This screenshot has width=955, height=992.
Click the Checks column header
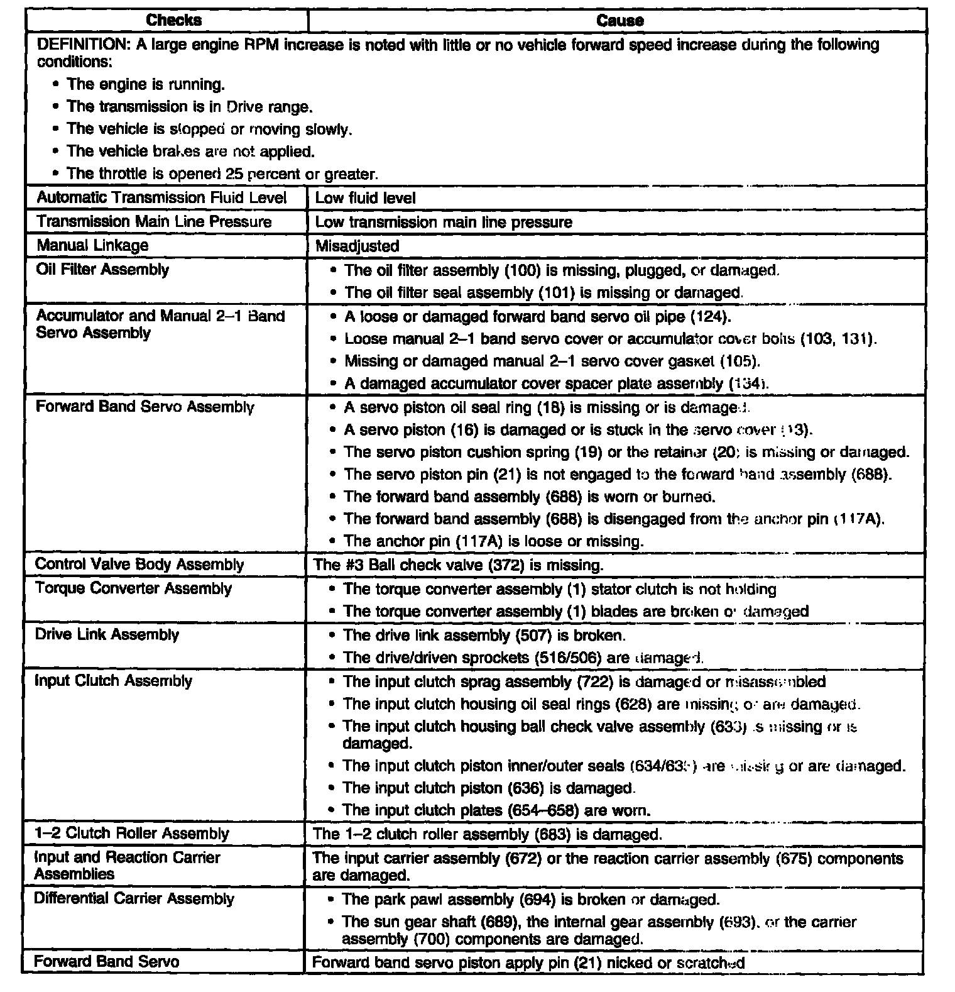click(173, 20)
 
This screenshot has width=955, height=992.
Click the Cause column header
click(619, 21)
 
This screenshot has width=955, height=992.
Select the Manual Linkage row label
click(92, 245)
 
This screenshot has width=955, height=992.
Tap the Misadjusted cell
click(357, 246)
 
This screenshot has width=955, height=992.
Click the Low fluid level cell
click(365, 198)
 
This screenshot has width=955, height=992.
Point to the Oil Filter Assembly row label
click(102, 270)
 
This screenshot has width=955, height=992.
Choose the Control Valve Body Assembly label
click(139, 564)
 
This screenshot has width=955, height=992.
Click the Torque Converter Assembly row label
click(133, 588)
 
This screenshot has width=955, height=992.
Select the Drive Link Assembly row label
click(107, 634)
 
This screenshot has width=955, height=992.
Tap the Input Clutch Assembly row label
click(113, 681)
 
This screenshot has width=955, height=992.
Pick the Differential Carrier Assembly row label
click(134, 898)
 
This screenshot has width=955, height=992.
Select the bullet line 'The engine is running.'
click(145, 84)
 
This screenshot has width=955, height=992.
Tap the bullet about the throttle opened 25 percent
click(222, 174)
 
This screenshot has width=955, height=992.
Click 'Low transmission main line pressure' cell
click(444, 222)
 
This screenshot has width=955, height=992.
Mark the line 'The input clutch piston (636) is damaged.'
click(489, 788)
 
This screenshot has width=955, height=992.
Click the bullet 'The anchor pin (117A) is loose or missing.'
click(493, 541)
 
